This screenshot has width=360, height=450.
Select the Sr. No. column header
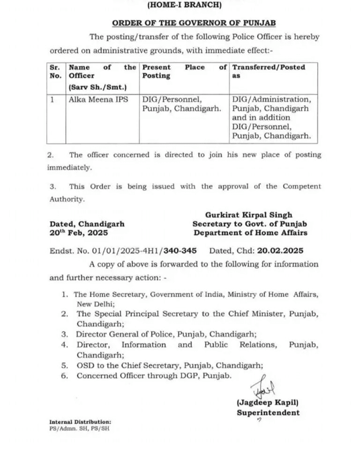pos(55,71)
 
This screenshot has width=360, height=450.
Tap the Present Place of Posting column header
pos(184,71)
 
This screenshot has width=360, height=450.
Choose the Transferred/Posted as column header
pos(269,71)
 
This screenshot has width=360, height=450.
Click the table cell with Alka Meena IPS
pos(95,99)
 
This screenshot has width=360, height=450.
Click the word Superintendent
pos(268,412)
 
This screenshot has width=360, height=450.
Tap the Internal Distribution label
pos(80,422)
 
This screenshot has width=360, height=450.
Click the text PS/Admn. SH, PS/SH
pos(79,428)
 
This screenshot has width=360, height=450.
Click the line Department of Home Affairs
pos(251,232)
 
